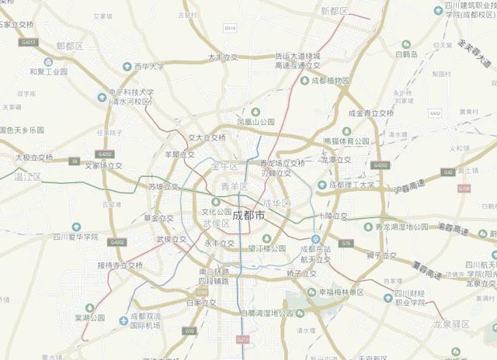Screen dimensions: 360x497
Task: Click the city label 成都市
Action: (248, 215)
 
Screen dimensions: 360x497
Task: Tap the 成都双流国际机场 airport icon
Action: (124, 320)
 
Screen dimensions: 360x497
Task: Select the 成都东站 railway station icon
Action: (315, 239)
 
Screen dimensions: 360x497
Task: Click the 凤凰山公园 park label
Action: (256, 122)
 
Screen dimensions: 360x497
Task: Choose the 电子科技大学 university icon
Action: (103, 97)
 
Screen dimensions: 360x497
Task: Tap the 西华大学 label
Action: (148, 67)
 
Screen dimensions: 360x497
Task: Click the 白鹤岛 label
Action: (406, 54)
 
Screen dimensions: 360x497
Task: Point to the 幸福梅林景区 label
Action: (335, 292)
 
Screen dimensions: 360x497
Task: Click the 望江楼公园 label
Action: (268, 249)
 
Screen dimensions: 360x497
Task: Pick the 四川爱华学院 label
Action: (75, 237)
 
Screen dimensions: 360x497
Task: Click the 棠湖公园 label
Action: (89, 317)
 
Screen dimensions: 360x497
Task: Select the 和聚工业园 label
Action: (48, 71)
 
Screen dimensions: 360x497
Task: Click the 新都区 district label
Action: (334, 11)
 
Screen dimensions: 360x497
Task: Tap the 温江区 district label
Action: (27, 177)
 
